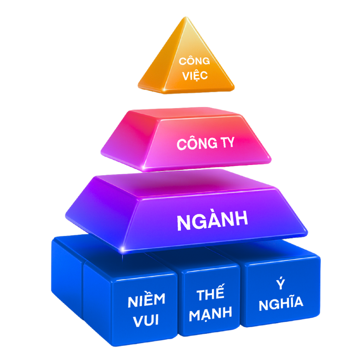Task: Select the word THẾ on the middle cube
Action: [x=210, y=295]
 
